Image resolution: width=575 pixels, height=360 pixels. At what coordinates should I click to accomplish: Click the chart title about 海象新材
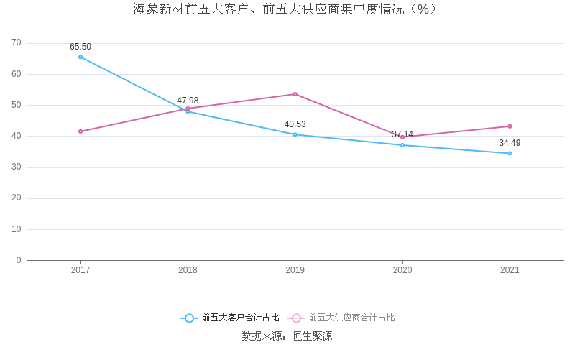tap(285, 9)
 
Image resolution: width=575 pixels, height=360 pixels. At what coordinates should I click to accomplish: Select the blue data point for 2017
tap(80, 57)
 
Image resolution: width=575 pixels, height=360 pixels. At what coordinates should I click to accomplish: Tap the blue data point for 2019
tap(295, 134)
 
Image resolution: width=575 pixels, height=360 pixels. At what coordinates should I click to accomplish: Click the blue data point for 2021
tap(510, 153)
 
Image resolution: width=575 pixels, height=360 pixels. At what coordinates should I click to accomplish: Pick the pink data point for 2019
tap(295, 94)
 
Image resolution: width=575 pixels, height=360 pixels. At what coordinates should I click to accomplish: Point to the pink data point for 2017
tap(80, 131)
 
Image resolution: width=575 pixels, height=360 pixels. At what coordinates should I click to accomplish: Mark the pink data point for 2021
tap(510, 126)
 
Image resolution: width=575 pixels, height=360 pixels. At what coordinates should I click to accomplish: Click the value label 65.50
tap(80, 47)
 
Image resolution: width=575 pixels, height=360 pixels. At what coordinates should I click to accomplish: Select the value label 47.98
tap(188, 101)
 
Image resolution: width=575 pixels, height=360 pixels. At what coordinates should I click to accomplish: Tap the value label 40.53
tap(295, 124)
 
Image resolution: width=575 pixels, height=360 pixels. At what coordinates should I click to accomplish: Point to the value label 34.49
tap(510, 143)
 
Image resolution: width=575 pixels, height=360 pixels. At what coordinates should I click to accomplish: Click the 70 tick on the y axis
tap(17, 43)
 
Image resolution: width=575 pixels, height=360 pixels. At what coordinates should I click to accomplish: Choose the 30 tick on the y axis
tap(17, 167)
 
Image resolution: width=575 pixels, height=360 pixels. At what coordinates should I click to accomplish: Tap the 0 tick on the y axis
tap(19, 260)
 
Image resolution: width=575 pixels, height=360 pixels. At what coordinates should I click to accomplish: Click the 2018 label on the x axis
tap(188, 270)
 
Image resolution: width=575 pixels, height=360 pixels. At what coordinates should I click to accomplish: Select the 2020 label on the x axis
tap(402, 270)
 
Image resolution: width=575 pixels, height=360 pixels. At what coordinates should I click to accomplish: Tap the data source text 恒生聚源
tap(312, 336)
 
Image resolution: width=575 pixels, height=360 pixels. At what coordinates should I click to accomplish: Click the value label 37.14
tap(402, 134)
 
